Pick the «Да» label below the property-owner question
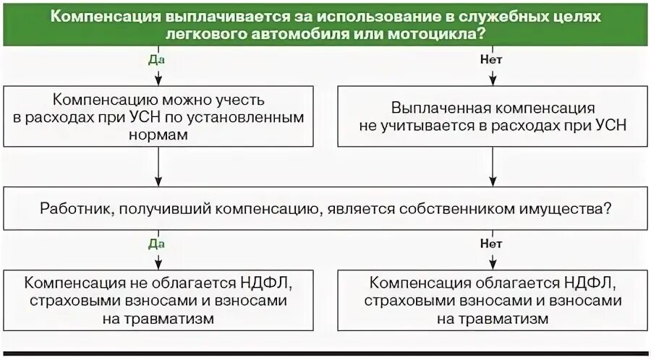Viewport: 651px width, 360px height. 158,244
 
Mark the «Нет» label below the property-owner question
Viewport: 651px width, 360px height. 492,244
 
